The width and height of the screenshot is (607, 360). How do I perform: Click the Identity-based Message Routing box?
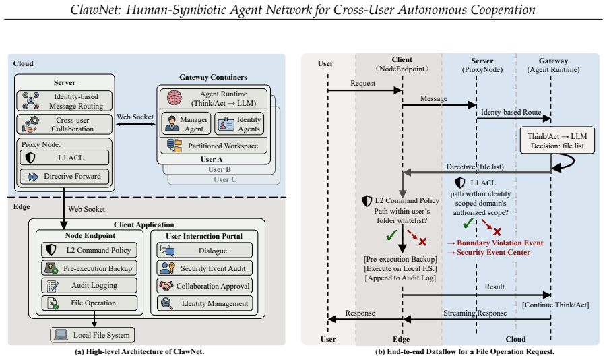pos(65,100)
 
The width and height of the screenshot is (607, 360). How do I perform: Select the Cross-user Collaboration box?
pos(65,125)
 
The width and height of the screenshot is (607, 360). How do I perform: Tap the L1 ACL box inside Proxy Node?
pos(65,158)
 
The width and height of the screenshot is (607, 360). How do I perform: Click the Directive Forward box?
pos(65,177)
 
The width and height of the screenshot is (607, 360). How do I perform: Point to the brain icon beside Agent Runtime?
pos(174,98)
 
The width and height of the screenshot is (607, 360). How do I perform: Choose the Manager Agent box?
pos(186,123)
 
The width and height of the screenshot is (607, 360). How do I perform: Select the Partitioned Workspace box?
pos(214,146)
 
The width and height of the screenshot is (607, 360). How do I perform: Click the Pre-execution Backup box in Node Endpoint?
pos(90,268)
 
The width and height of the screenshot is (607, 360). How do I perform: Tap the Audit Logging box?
pos(90,286)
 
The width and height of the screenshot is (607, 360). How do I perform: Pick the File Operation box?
pos(90,303)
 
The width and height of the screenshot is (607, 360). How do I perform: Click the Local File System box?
pos(92,335)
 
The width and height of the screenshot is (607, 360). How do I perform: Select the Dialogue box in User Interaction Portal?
pos(205,251)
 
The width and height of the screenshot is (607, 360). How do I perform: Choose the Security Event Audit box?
pos(205,268)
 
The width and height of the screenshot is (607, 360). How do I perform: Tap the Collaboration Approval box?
pos(205,286)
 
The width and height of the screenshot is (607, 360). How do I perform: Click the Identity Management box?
pos(205,303)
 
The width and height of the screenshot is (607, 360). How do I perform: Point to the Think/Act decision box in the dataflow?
pos(557,140)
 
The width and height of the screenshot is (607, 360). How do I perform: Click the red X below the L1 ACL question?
pos(497,232)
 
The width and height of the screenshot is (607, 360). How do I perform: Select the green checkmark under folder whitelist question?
pos(391,235)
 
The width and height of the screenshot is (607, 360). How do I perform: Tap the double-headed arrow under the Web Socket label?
pos(135,124)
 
